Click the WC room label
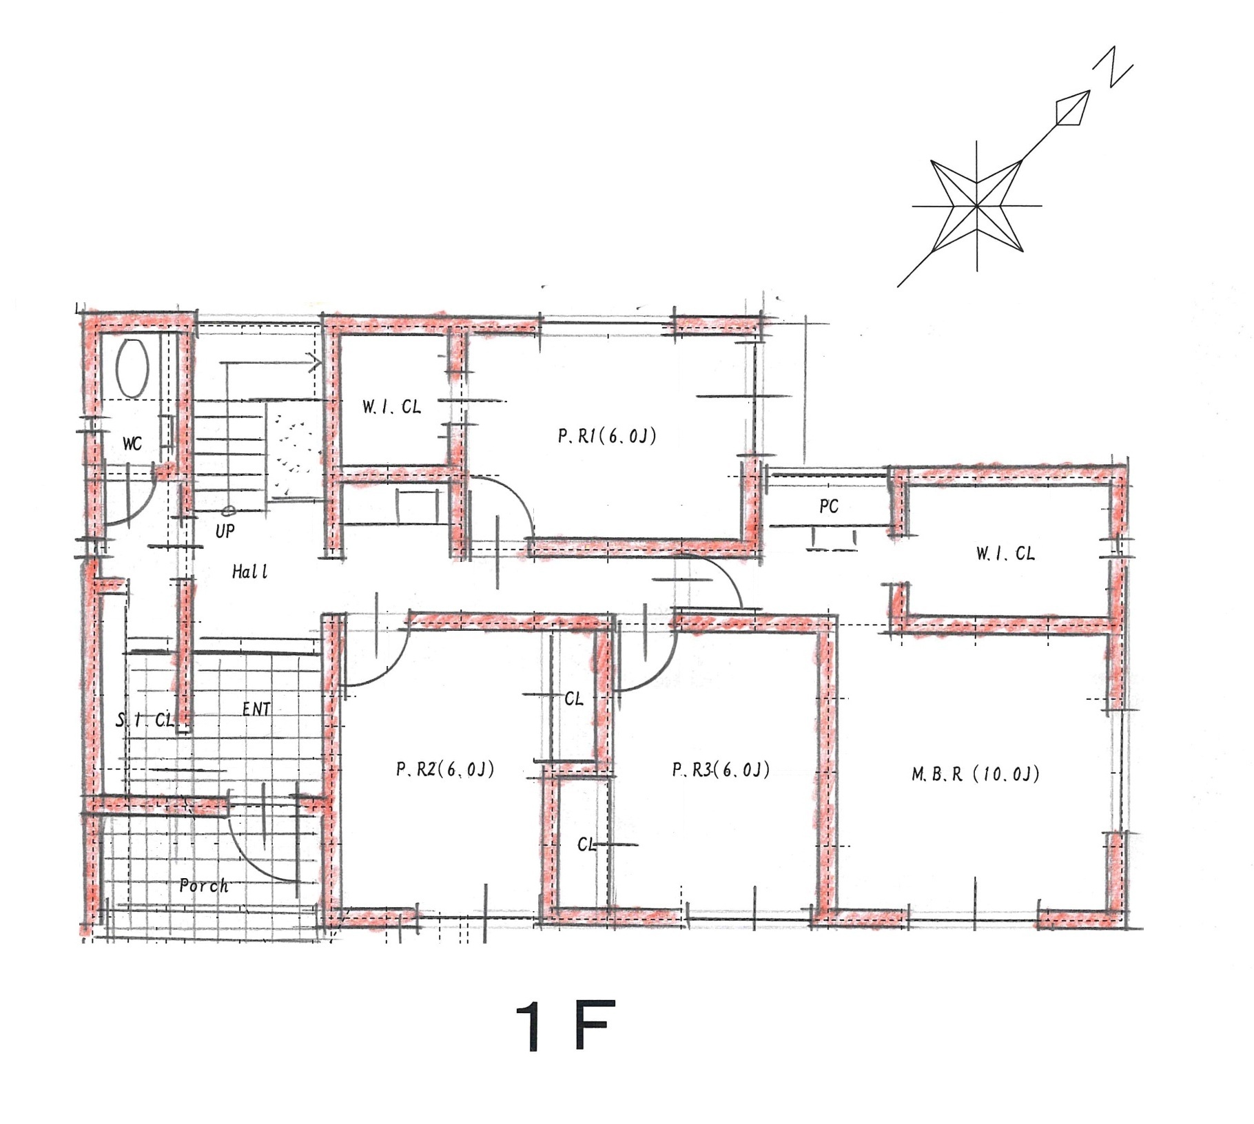[x=132, y=444]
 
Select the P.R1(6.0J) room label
[x=607, y=436]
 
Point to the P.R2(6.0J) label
[x=445, y=769]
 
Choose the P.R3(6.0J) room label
[x=721, y=769]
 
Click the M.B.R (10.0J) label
[x=976, y=774]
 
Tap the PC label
[x=829, y=507]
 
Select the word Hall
[x=249, y=572]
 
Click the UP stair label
[x=225, y=531]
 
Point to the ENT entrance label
[x=256, y=709]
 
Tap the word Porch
[x=204, y=886]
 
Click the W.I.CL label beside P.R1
[x=391, y=407]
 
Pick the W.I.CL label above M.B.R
[x=1005, y=554]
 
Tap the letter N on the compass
[x=1113, y=67]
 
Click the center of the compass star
[x=977, y=205]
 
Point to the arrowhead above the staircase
[x=316, y=362]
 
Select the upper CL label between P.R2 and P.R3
[x=573, y=699]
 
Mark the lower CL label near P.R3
[x=586, y=844]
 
